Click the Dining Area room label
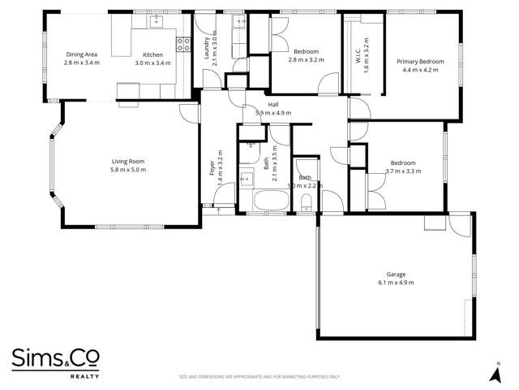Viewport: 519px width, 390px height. coord(82,54)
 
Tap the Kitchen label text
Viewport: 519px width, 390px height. coord(152,54)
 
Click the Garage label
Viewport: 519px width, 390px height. coord(396,275)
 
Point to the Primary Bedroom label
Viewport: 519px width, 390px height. coord(420,61)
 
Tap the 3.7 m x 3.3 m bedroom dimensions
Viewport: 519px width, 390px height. coord(403,171)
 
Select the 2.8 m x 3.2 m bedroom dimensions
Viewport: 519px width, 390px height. coord(306,59)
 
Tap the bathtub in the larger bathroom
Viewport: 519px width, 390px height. coord(268,201)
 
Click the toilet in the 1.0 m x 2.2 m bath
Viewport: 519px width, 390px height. coord(307,201)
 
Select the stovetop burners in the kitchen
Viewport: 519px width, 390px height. coord(184,44)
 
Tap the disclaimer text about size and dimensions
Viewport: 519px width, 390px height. coord(259,377)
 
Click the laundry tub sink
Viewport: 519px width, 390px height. coord(239,22)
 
